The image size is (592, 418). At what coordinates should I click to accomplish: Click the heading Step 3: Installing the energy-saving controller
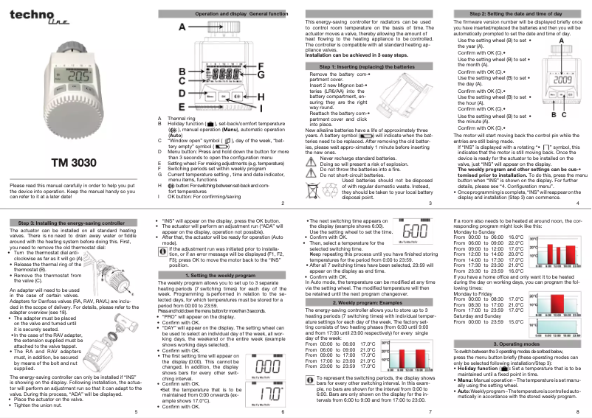72,222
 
